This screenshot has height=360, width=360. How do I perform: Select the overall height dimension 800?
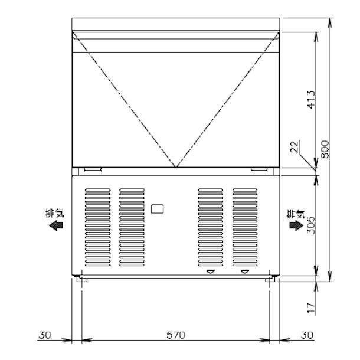pos(325,150)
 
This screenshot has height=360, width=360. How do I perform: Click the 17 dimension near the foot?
pos(310,307)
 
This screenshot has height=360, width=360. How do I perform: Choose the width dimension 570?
pos(175,335)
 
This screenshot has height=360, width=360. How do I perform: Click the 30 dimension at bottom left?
pos(45,335)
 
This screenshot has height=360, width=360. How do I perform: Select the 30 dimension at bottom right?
pos(306,335)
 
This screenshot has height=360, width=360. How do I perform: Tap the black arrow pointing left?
pos(57,225)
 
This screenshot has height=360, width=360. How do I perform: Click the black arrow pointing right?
pos(293,225)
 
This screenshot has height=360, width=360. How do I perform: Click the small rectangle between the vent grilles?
pos(158,208)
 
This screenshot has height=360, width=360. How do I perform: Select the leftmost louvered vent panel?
pos(97,228)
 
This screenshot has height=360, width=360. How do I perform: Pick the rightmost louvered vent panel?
pos(244,228)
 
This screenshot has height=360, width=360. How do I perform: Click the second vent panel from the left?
pos(132,228)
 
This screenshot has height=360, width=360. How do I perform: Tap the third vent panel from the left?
pos(210,228)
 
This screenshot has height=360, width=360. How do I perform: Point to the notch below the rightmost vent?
pos(244,272)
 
